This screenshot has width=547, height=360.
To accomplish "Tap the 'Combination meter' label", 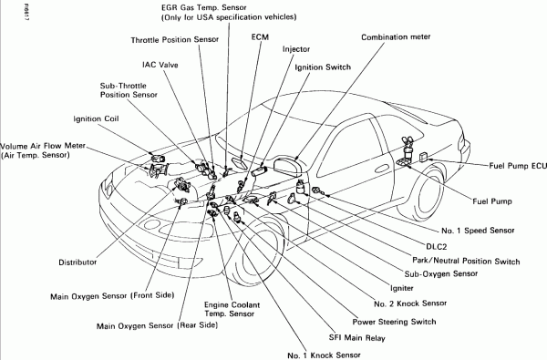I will [396, 37].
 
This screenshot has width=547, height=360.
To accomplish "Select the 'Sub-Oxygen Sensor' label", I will [441, 273].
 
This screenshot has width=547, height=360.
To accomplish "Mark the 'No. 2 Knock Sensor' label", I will [410, 303].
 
